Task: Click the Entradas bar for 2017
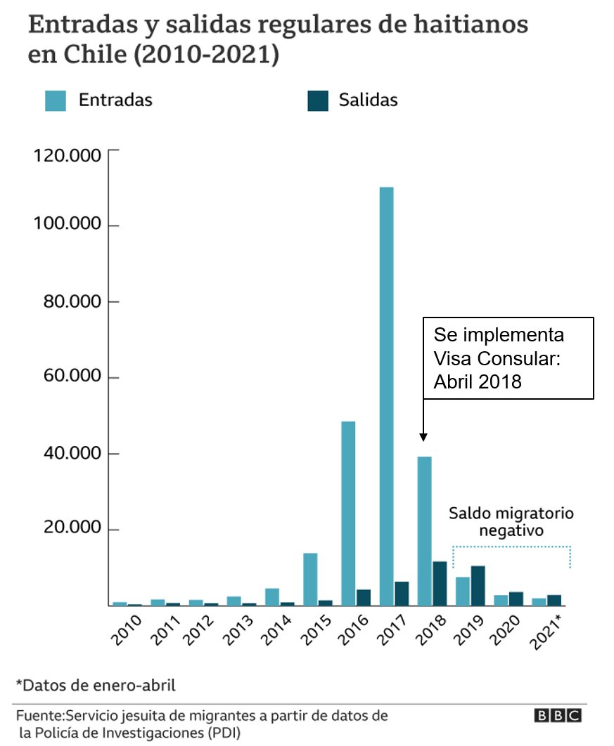click(x=386, y=396)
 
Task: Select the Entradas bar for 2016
click(x=348, y=513)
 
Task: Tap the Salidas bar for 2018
click(x=440, y=583)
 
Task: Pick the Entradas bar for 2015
click(x=310, y=579)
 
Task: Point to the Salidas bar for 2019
click(x=478, y=585)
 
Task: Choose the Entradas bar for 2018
click(x=424, y=530)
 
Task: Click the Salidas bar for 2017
click(x=402, y=593)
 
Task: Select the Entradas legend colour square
click(x=55, y=100)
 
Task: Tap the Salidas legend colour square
click(x=318, y=100)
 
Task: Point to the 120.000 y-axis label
click(x=68, y=155)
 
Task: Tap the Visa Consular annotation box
click(x=508, y=358)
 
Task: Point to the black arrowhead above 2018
click(x=423, y=436)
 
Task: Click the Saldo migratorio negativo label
click(x=511, y=522)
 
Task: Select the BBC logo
click(x=558, y=716)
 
